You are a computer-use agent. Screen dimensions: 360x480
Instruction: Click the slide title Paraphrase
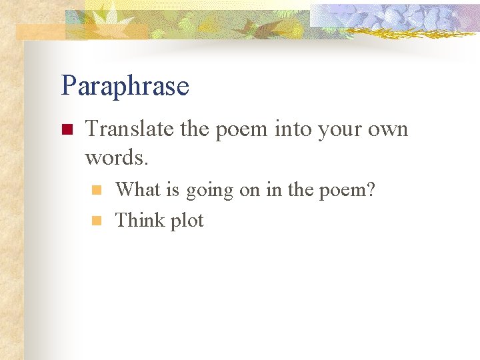point(125,86)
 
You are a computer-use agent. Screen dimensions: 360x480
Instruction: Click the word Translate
point(130,128)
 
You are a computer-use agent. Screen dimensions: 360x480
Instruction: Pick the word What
point(138,190)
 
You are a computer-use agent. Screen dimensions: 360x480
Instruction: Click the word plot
point(186,221)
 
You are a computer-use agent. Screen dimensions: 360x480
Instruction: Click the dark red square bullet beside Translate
point(66,129)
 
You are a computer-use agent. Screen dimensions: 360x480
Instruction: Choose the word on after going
point(249,191)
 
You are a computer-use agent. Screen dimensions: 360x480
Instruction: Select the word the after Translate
point(195,128)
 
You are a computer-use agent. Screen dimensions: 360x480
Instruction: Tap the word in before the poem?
point(273,190)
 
